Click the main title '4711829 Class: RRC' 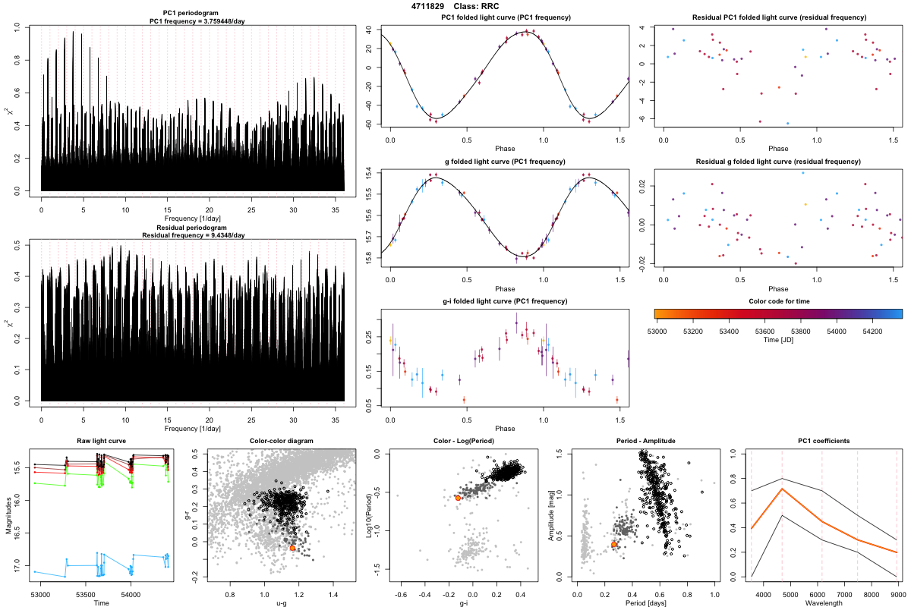pyautogui.click(x=455, y=6)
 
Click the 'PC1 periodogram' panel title pyautogui.click(x=193, y=14)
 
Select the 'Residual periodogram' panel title pyautogui.click(x=193, y=228)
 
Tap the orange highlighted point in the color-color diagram pyautogui.click(x=292, y=548)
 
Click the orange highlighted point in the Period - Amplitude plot pyautogui.click(x=614, y=544)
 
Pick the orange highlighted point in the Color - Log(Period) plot pyautogui.click(x=458, y=498)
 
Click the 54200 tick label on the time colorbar pyautogui.click(x=872, y=331)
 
